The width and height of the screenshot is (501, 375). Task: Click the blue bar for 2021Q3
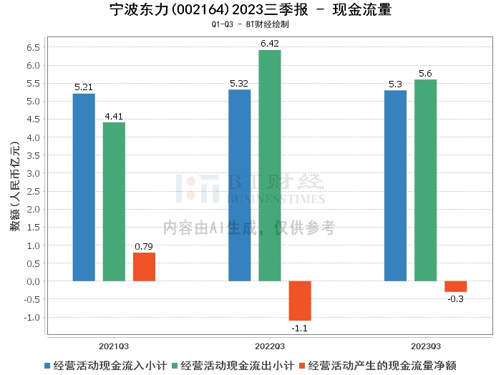(x=84, y=187)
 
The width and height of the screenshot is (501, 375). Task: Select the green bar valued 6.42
(x=270, y=165)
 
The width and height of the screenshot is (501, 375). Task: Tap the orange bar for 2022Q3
(x=300, y=301)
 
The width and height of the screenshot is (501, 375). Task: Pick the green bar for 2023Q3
(x=425, y=180)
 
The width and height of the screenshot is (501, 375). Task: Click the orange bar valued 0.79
(x=144, y=267)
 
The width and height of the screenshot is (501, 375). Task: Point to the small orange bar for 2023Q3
(x=455, y=286)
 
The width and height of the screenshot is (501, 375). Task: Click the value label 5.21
(x=84, y=88)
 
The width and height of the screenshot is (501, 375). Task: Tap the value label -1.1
(x=300, y=327)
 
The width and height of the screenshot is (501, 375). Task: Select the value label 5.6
(x=425, y=74)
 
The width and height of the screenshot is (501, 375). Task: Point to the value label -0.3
(x=455, y=298)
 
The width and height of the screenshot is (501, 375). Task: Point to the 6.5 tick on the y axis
(x=32, y=47)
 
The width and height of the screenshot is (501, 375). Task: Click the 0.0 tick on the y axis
(x=32, y=281)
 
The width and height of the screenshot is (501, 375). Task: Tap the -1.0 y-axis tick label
(x=31, y=317)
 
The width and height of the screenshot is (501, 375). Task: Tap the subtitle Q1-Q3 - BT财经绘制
(x=250, y=24)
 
